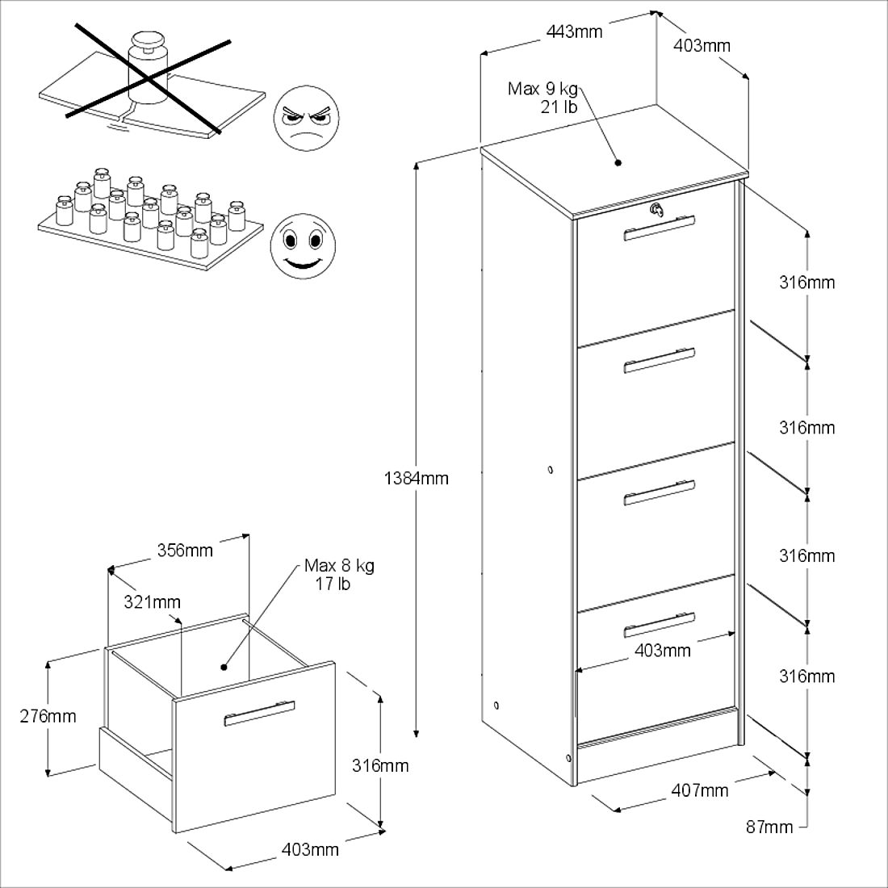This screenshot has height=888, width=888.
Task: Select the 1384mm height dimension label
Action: [417, 478]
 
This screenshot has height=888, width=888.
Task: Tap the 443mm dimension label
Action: [574, 32]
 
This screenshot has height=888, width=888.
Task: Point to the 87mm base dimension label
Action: [769, 826]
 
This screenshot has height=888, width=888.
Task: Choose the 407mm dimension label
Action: [699, 790]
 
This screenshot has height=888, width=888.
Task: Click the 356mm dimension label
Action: [185, 551]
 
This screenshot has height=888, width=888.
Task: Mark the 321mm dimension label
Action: [153, 601]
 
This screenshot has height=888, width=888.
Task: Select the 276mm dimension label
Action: [48, 715]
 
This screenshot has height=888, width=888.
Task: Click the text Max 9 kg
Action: [542, 89]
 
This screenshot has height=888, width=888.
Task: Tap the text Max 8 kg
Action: [339, 566]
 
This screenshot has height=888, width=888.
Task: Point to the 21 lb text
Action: [559, 107]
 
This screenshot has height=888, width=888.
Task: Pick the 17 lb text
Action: [332, 584]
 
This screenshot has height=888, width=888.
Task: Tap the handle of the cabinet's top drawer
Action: [660, 228]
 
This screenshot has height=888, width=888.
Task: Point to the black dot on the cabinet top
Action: [618, 162]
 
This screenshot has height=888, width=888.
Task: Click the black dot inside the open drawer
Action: [224, 667]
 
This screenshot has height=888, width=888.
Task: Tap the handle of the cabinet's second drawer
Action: [660, 360]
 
